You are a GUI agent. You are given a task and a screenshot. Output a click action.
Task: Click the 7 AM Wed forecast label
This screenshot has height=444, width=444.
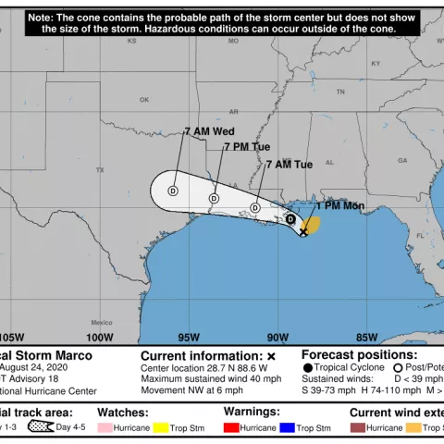pyautogui.click(x=209, y=131)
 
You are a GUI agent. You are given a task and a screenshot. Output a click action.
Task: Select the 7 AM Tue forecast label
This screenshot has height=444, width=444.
pyautogui.click(x=290, y=165)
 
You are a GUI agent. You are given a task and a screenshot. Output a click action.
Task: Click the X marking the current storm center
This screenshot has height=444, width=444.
pyautogui.click(x=303, y=233)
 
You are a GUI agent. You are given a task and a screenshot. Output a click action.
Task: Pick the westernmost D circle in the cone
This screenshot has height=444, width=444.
pyautogui.click(x=172, y=191)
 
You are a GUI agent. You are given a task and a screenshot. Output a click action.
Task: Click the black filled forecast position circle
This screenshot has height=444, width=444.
pyautogui.click(x=290, y=220)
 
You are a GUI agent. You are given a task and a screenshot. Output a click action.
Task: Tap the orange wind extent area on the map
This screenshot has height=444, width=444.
pyautogui.click(x=313, y=225)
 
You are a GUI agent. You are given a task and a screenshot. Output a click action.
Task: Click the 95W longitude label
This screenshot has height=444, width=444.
pyautogui.click(x=189, y=337)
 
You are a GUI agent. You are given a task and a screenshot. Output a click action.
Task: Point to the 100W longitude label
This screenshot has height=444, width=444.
pyautogui.click(x=100, y=337)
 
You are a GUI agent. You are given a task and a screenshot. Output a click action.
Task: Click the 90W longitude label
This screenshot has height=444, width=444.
pyautogui.click(x=277, y=337)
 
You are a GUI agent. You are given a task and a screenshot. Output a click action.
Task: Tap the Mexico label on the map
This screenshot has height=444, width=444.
pyautogui.click(x=101, y=309)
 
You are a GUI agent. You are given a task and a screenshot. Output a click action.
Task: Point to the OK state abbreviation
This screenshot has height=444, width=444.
pyautogui.click(x=144, y=100)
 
